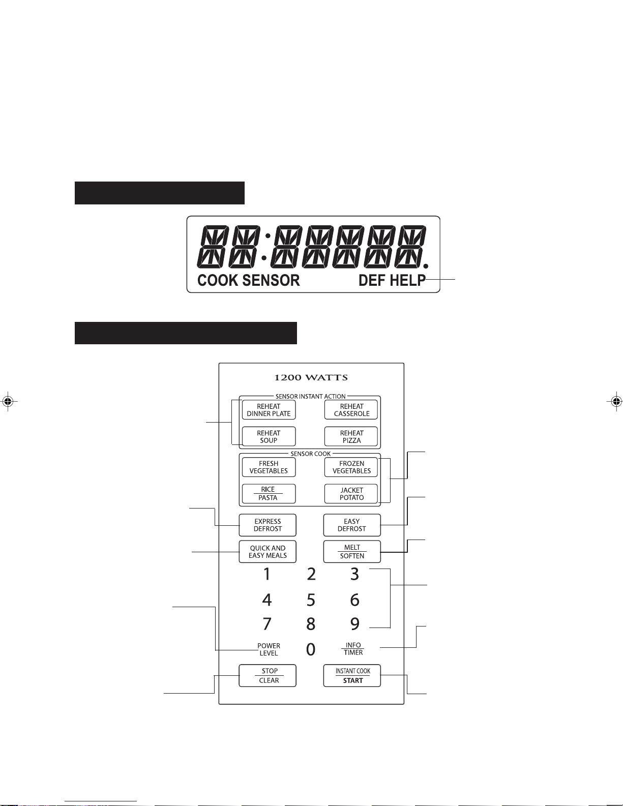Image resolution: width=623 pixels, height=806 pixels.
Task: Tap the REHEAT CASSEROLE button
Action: (x=351, y=410)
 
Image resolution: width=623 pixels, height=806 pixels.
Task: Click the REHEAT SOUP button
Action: (x=269, y=437)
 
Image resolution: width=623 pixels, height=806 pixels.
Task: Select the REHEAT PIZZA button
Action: (x=351, y=437)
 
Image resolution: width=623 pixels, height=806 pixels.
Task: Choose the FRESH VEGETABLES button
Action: (x=269, y=467)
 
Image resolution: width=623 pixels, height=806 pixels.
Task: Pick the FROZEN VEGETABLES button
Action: (x=351, y=467)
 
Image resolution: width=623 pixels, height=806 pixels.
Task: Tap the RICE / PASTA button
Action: (x=269, y=494)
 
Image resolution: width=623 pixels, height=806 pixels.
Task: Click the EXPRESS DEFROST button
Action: (x=268, y=525)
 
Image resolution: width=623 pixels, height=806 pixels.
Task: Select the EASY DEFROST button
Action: (x=352, y=525)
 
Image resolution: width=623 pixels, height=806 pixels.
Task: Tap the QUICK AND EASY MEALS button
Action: (x=268, y=552)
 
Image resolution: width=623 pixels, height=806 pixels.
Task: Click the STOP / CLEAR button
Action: (x=268, y=676)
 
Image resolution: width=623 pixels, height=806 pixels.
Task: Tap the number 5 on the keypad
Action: (x=311, y=600)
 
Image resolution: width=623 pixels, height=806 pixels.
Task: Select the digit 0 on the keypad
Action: (x=311, y=649)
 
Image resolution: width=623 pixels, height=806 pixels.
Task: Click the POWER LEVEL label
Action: (x=269, y=649)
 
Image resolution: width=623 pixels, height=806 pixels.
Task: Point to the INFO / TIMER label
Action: (x=353, y=649)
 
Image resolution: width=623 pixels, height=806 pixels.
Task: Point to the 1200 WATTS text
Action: (x=311, y=378)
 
